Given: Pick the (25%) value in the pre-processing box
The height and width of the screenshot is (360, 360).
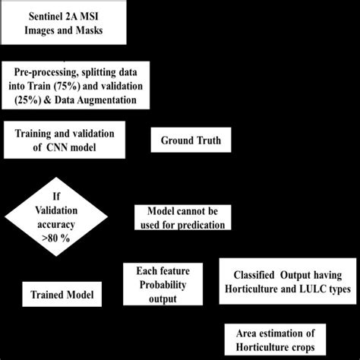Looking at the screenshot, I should click(x=27, y=101).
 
